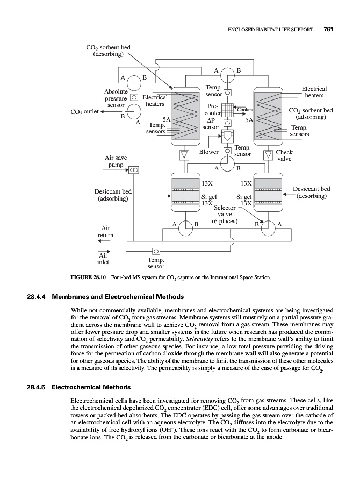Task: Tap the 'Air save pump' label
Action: coord(116,161)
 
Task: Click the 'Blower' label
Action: coord(209,152)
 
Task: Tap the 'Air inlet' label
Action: coord(103,259)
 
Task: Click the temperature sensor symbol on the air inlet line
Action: coord(156,251)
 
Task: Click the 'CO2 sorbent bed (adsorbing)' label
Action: coord(311,114)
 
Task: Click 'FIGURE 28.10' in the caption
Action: coord(88,278)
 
